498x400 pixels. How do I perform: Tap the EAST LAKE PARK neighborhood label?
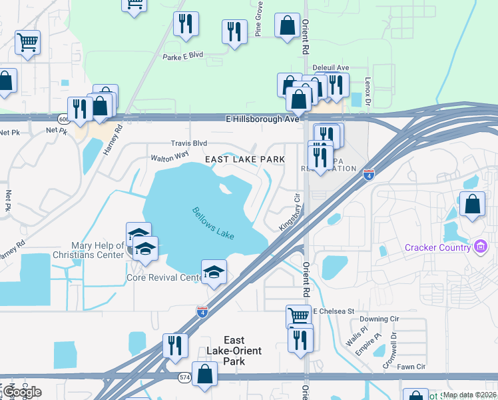[245, 159]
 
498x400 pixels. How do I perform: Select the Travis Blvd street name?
[189, 143]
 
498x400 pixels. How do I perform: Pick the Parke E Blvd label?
[182, 57]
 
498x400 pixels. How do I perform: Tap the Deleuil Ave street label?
[331, 68]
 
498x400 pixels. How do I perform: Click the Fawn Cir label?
[411, 367]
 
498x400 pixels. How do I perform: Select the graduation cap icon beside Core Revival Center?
[214, 271]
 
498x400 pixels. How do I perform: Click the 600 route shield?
[63, 119]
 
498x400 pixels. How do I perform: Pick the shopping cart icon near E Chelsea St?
[298, 315]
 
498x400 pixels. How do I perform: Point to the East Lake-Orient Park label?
[233, 351]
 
